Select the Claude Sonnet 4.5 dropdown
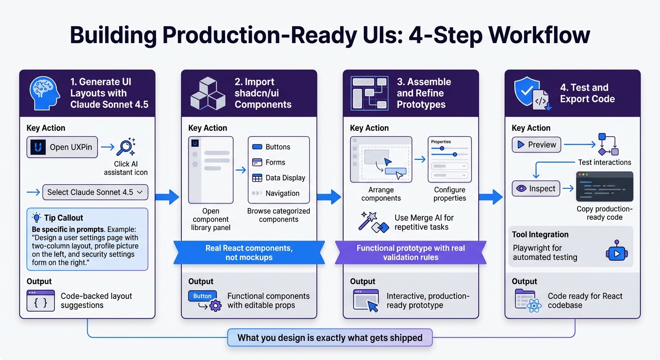click(x=95, y=192)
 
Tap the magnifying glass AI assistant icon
click(x=125, y=147)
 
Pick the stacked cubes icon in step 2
click(x=207, y=94)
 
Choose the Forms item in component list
click(x=275, y=162)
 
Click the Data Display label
click(x=285, y=178)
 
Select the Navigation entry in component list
click(x=282, y=193)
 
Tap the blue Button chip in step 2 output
click(x=202, y=296)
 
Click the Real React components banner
click(x=249, y=253)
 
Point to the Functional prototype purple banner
click(x=411, y=253)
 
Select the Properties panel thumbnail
click(x=450, y=159)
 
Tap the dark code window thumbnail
click(x=604, y=187)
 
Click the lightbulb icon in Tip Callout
click(x=36, y=217)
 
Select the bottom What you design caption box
click(x=330, y=337)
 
